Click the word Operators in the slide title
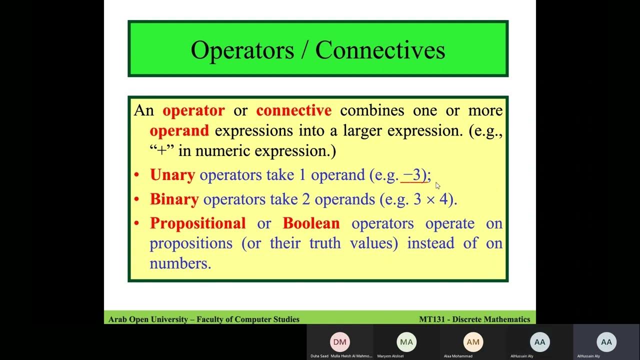click(242, 50)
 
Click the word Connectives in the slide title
click(380, 50)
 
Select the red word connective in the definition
click(293, 110)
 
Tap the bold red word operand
click(179, 131)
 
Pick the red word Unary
click(172, 174)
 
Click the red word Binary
click(174, 199)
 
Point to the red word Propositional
click(197, 223)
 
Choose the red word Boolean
click(311, 223)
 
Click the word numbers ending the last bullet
click(180, 263)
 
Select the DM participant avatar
click(339, 342)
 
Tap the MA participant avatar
click(406, 342)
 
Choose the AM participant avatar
click(473, 342)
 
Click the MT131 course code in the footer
click(433, 319)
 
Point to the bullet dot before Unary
click(136, 175)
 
